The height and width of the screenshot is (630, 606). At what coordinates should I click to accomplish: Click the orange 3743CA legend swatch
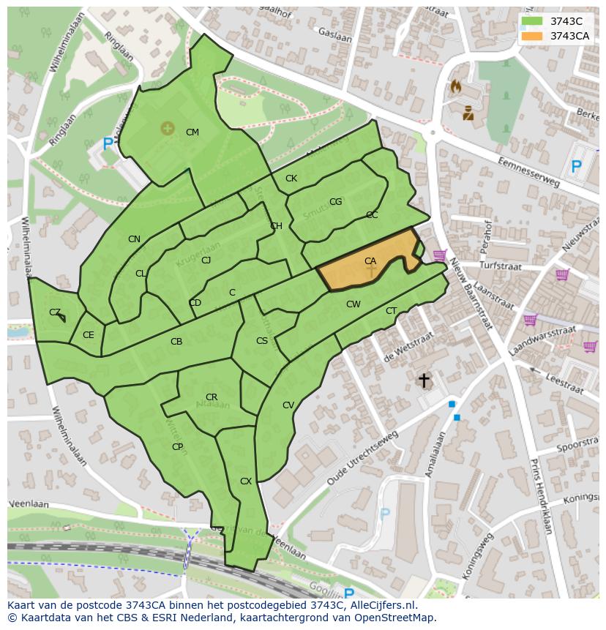tap(533, 36)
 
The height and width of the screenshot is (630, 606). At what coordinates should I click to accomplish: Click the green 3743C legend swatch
tap(533, 21)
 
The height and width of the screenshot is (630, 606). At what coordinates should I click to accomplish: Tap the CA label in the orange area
tap(370, 261)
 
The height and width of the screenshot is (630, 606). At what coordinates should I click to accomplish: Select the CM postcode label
tap(192, 132)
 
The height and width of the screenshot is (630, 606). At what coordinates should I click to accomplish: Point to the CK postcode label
tap(291, 179)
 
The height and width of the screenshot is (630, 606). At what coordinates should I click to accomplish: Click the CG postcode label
tap(335, 202)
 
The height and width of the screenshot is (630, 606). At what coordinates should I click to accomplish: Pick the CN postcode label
tap(134, 239)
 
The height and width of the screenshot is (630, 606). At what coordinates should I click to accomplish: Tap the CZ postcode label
tap(55, 312)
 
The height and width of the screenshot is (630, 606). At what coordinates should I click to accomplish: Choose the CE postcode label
tap(88, 335)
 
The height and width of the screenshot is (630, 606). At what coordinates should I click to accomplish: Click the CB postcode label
tap(176, 342)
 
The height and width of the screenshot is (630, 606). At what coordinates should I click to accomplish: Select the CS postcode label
tap(262, 341)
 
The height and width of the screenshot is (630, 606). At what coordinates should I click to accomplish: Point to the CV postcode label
tap(288, 405)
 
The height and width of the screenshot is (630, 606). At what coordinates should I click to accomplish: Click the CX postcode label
tap(246, 481)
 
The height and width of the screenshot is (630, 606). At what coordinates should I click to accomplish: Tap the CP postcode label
tap(177, 447)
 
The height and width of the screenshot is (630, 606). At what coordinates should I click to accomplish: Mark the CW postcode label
tap(353, 304)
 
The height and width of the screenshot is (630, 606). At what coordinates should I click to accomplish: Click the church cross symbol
tap(423, 380)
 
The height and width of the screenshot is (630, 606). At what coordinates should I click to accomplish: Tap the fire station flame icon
tap(457, 87)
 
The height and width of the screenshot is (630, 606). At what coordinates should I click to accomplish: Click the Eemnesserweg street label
tap(528, 171)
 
